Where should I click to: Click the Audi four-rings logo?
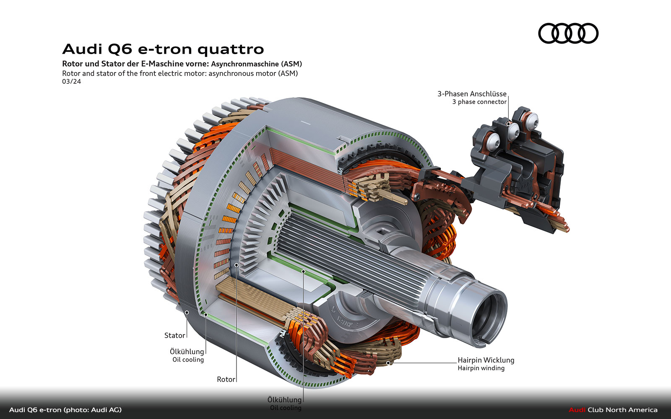coord(568,33)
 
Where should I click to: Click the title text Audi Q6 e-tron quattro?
coord(163,49)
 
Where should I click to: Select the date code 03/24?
coord(71,81)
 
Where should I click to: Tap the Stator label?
coord(174,335)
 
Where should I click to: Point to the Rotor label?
coord(226,379)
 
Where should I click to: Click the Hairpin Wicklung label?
coord(486,360)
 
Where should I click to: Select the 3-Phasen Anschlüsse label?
coord(472,94)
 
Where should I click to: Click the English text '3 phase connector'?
coord(479,102)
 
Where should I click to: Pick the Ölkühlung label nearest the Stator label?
coord(187,352)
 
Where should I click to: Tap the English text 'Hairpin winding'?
coord(481,368)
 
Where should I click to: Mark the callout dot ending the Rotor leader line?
coord(237,265)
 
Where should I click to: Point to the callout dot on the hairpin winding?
coord(388,362)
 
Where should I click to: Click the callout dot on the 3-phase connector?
coord(509,124)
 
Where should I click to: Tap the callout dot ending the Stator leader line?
coord(187,312)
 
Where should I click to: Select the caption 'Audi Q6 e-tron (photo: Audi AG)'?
coord(65,410)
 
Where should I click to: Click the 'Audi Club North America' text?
coord(613,410)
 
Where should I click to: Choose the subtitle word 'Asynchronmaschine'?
coord(245,64)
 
